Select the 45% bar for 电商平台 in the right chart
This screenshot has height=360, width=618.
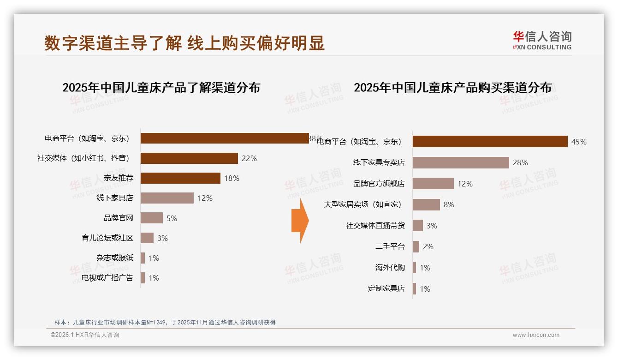(x=490, y=141)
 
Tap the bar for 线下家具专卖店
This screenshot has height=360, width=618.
(x=461, y=162)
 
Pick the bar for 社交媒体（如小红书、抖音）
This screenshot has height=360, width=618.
(x=189, y=158)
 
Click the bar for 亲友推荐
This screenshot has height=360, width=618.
(x=180, y=178)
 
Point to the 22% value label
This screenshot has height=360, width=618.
(x=249, y=158)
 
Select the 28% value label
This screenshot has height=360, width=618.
(x=520, y=162)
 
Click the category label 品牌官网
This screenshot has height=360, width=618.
(x=118, y=218)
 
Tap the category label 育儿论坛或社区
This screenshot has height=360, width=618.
(x=107, y=238)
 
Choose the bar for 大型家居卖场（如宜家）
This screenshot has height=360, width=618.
(x=426, y=204)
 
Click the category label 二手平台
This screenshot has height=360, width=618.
(x=390, y=246)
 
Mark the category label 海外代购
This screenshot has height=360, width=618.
(x=390, y=268)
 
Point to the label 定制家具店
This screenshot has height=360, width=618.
(x=386, y=288)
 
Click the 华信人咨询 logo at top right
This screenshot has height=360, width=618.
(x=542, y=40)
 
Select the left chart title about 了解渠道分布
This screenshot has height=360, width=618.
(x=161, y=87)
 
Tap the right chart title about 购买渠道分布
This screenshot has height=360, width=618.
(x=452, y=87)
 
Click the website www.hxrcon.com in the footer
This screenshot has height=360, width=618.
(x=536, y=335)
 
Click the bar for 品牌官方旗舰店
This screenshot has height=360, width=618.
(x=433, y=184)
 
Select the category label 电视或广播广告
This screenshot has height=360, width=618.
(x=107, y=278)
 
